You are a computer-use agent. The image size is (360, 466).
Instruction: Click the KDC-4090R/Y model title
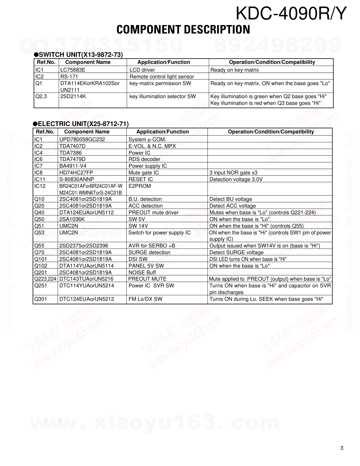[291, 14]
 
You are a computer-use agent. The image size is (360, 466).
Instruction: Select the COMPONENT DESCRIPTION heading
[183, 30]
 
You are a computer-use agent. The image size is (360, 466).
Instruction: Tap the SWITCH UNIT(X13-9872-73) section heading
[78, 55]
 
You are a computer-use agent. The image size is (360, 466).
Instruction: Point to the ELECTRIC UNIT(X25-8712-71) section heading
[81, 124]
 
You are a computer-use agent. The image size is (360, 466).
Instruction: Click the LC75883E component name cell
[73, 70]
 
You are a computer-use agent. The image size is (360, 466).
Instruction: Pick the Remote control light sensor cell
[162, 77]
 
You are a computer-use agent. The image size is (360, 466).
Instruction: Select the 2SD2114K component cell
[73, 96]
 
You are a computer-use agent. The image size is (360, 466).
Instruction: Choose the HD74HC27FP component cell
[76, 173]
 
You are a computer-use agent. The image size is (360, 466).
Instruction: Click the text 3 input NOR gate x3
[233, 173]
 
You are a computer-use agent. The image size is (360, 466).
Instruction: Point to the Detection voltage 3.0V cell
[236, 179]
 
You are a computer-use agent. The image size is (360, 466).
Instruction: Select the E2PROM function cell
[140, 186]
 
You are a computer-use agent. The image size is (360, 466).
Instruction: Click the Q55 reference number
[39, 246]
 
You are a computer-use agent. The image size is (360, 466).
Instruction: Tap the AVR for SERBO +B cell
[152, 246]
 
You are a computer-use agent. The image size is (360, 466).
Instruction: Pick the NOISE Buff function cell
[142, 273]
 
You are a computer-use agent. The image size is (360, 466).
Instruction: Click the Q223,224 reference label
[45, 279]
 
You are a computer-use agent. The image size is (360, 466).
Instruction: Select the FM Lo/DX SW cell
[145, 299]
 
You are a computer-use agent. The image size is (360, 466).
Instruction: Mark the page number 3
[342, 448]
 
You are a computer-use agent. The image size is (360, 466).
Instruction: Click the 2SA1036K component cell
[72, 219]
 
